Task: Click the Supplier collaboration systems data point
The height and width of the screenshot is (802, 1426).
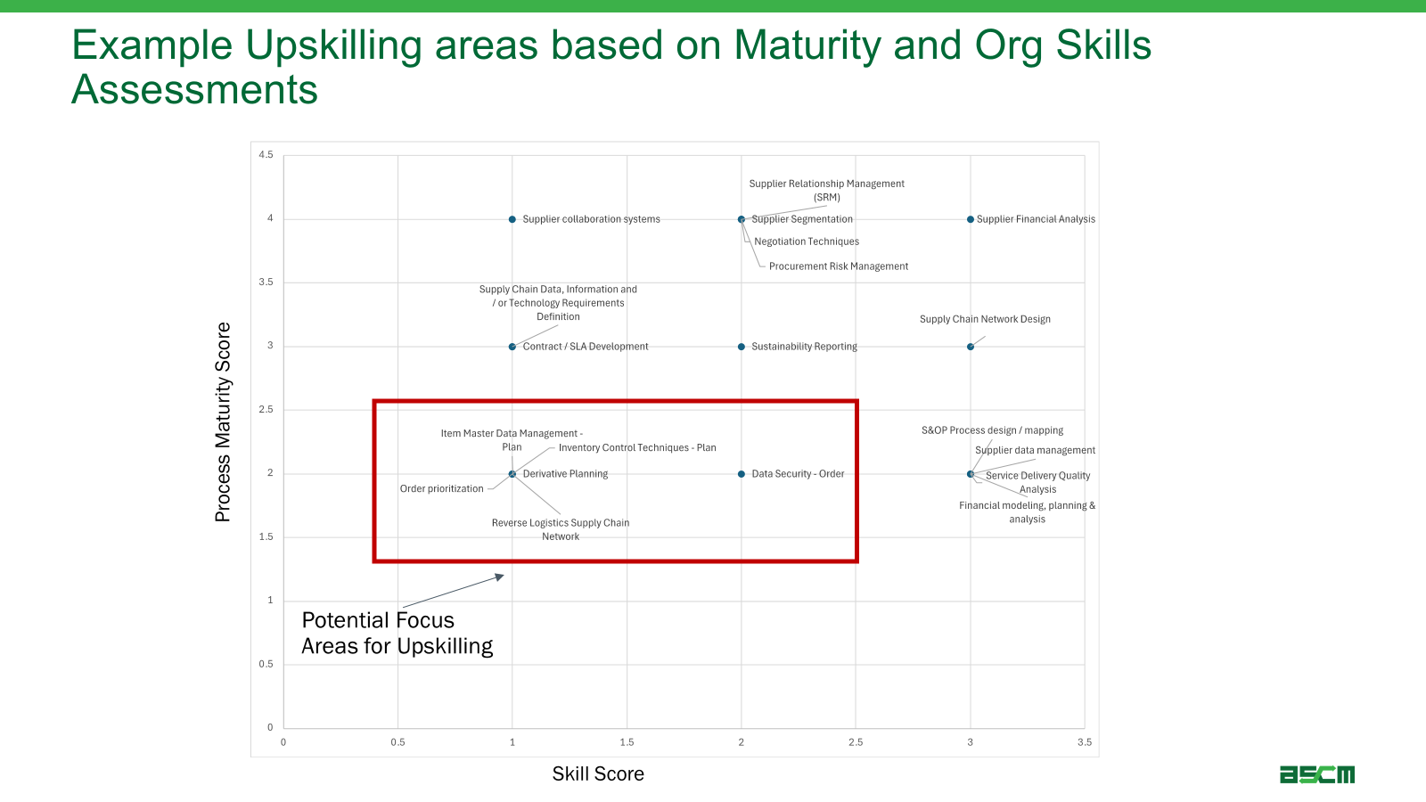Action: [x=512, y=219]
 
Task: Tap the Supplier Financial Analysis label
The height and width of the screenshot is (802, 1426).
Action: [x=1036, y=219]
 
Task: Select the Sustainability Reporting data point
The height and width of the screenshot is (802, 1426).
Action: [x=741, y=347]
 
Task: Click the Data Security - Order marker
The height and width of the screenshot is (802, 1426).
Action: [x=741, y=473]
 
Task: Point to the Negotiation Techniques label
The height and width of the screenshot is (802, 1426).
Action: [x=807, y=241]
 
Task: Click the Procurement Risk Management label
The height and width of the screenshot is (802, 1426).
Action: [x=839, y=266]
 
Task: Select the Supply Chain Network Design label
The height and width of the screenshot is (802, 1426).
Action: [x=985, y=319]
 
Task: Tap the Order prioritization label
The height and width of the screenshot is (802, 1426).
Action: [x=441, y=488]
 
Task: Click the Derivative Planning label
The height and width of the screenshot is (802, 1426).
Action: [x=565, y=473]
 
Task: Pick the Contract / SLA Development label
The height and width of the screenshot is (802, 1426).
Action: [x=586, y=347]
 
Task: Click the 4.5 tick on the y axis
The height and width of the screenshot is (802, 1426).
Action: [x=266, y=155]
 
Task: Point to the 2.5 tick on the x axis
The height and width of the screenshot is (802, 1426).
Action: [x=856, y=742]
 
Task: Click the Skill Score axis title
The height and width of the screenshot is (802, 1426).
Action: [x=598, y=774]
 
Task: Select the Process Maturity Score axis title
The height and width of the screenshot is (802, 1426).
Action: [x=223, y=422]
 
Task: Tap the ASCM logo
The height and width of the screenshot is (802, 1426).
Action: [x=1317, y=774]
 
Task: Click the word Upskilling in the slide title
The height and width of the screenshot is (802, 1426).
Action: [x=333, y=45]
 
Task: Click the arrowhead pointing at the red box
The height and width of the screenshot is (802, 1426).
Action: [x=500, y=577]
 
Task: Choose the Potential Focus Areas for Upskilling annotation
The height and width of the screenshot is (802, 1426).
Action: [x=397, y=633]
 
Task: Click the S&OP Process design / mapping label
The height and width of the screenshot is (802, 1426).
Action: [x=993, y=430]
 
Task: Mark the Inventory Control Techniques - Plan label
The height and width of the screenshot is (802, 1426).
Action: [x=637, y=447]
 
